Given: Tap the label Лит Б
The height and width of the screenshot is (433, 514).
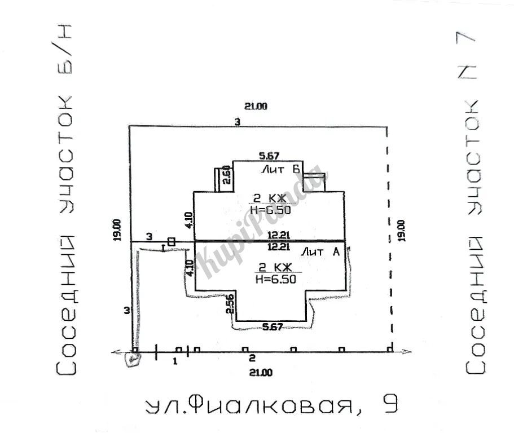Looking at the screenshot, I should coord(280,169).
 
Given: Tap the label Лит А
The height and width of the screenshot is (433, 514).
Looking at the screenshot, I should coord(321,252).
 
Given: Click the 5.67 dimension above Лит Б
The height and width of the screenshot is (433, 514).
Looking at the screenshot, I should coord(269,156).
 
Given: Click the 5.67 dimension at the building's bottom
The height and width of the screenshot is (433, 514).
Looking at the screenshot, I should coord(272,326).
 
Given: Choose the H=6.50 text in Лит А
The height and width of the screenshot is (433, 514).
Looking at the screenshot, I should coord(275,279).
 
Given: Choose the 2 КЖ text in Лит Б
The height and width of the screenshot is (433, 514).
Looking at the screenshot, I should coord(270,198).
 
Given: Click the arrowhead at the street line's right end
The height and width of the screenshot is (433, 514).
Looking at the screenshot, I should coord(408,352).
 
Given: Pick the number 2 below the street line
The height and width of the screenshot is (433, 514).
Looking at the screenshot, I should coord(252,357).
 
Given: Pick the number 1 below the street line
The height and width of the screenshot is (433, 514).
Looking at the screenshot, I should coord(175,360).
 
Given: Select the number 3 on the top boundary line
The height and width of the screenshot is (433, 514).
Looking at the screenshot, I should coord(238,122).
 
